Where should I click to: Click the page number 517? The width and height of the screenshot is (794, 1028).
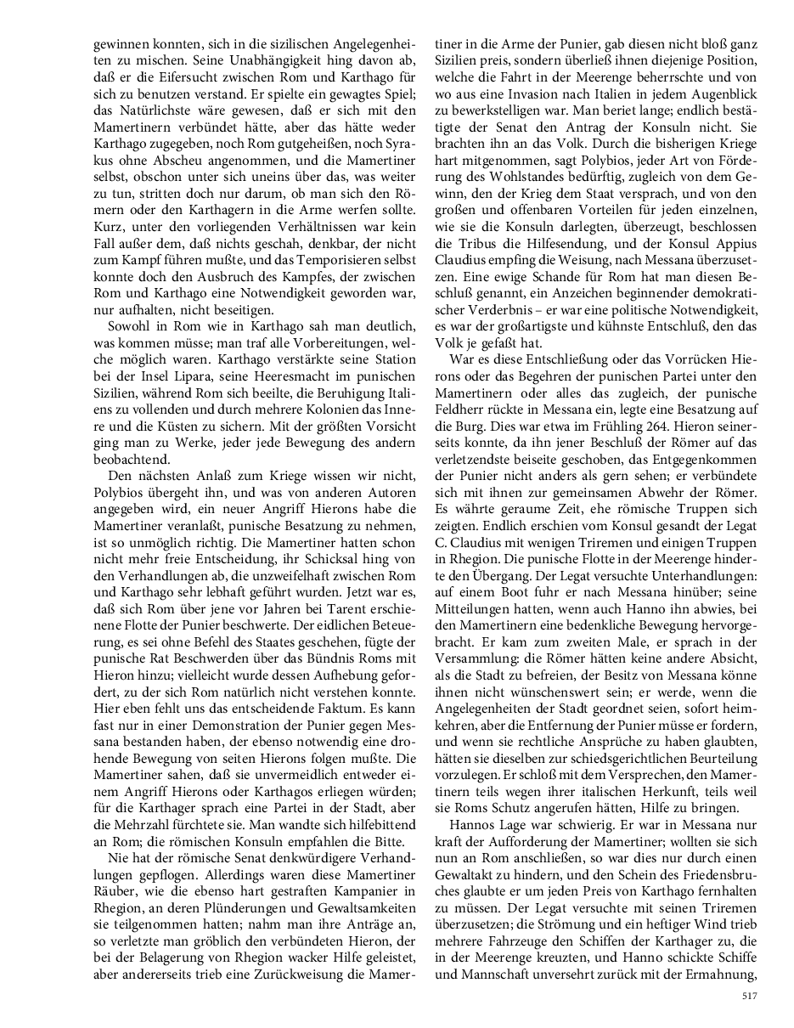pos(748,996)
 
